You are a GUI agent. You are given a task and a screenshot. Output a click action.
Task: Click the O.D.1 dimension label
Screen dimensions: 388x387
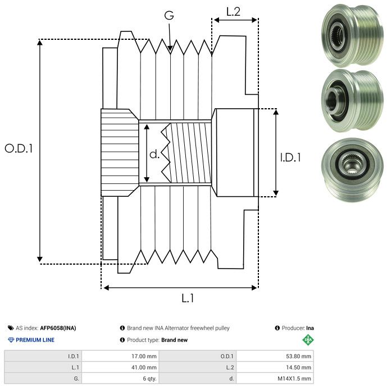(19, 149)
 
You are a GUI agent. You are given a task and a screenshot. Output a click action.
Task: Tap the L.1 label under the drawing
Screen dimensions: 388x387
(188, 299)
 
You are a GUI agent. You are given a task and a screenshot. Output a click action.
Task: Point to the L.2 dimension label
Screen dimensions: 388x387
(233, 12)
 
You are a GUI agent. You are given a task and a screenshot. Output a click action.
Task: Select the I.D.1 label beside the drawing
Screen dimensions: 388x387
(291, 158)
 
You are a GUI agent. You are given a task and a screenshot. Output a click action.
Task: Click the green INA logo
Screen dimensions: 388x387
(308, 339)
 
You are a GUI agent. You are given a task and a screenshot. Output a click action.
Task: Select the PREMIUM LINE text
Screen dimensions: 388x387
(35, 340)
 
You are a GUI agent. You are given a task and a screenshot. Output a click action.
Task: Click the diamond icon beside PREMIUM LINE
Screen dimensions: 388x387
(11, 340)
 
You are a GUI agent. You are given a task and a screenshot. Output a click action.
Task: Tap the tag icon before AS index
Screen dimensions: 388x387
(11, 328)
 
